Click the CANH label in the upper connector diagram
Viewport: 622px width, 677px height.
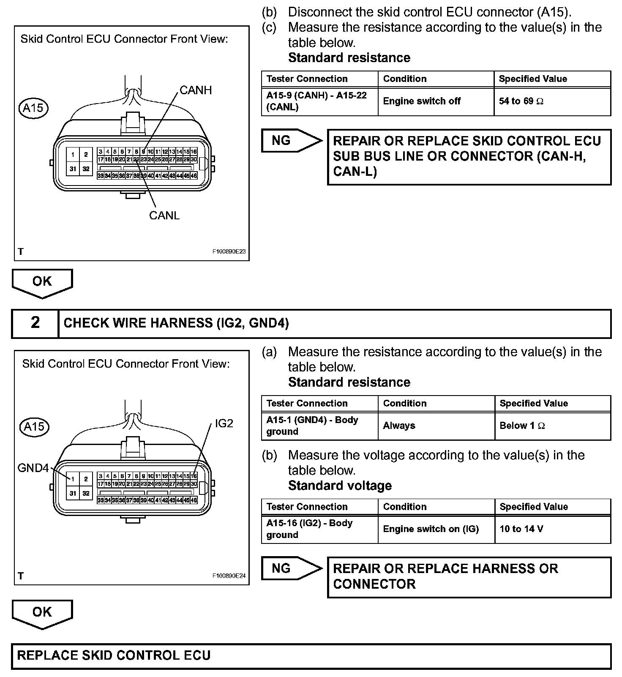click(x=196, y=90)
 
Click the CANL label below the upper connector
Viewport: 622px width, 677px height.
click(x=164, y=215)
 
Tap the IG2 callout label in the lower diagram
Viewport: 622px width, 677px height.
click(x=224, y=423)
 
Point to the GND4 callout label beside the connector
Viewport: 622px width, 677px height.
click(x=33, y=468)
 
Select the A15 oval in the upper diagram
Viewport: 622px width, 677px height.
click(x=33, y=108)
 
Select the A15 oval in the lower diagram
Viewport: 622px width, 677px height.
click(x=34, y=426)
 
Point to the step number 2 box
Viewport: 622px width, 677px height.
click(x=35, y=323)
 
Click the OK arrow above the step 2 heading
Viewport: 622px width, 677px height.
click(x=42, y=282)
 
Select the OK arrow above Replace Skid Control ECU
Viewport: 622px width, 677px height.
click(x=42, y=613)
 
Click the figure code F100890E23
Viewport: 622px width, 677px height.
click(x=229, y=251)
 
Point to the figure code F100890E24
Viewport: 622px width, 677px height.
click(x=229, y=576)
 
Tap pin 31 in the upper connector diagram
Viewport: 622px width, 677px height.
click(x=73, y=169)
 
